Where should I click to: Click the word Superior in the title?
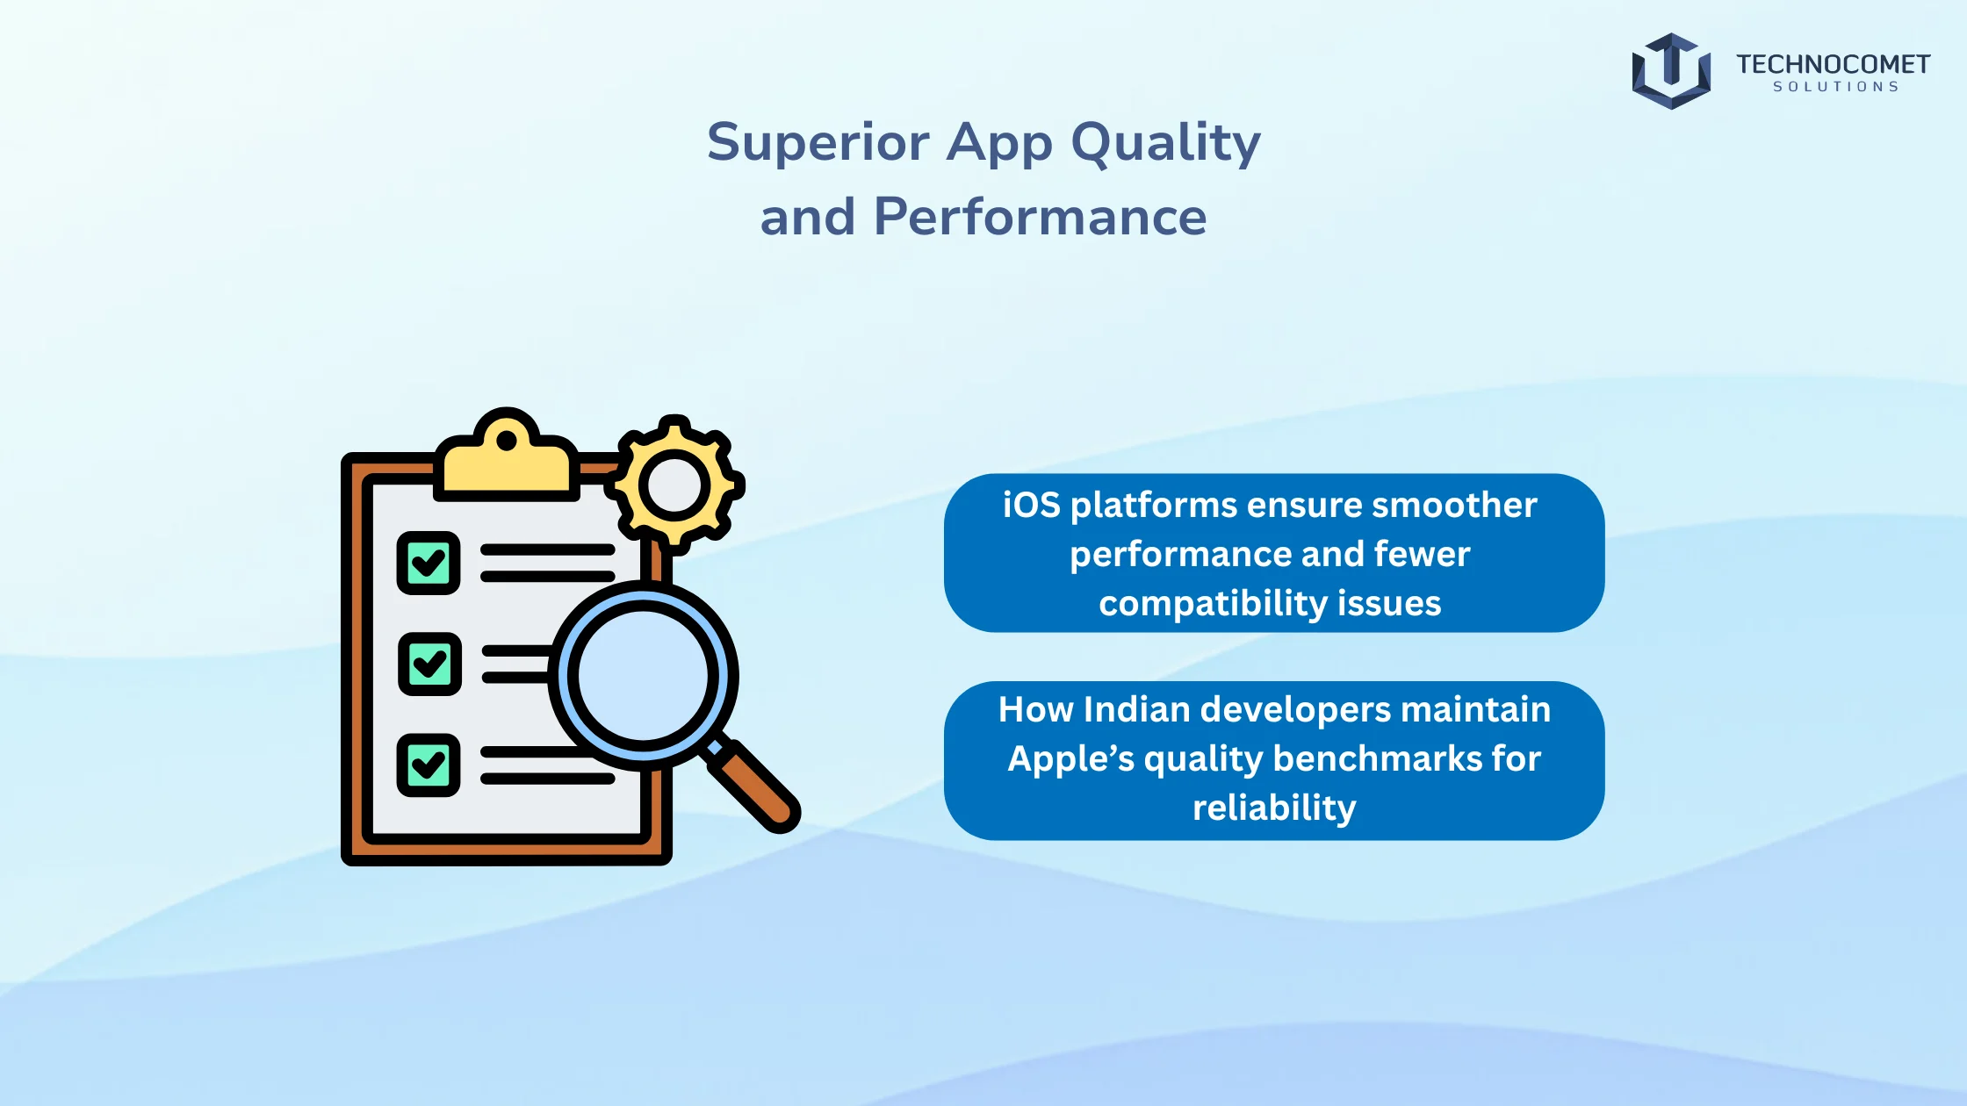818,142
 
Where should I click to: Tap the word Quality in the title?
1165,144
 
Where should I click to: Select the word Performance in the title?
1040,217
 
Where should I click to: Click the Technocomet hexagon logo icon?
1670,71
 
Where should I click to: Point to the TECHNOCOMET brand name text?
1833,64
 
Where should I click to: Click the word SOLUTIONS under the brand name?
1835,87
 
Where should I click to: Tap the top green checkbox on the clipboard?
429,563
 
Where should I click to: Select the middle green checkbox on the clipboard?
429,664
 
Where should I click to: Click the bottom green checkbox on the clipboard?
429,765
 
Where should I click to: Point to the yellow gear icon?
674,485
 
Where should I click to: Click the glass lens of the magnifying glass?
644,676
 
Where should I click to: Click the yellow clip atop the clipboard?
507,461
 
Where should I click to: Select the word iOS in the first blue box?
1031,506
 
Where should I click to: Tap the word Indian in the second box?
1137,709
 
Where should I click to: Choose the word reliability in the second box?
1274,808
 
